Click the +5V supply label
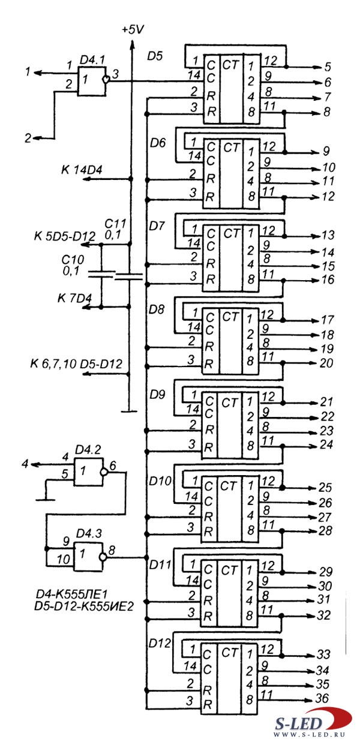click(x=133, y=29)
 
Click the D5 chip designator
click(x=155, y=57)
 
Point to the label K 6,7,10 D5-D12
click(x=76, y=364)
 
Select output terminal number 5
click(x=328, y=67)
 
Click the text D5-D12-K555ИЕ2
click(x=85, y=607)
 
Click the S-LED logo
click(x=313, y=722)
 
